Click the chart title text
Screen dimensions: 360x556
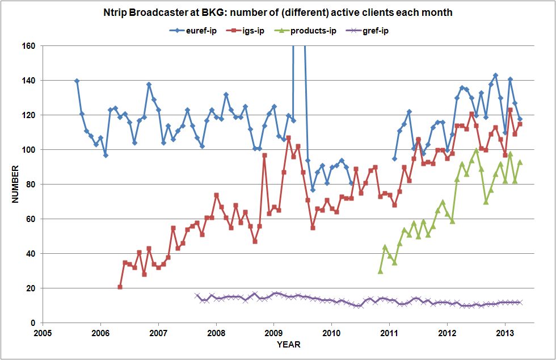tap(278, 12)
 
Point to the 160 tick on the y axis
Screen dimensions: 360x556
tap(29, 46)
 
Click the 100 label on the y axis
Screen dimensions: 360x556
tap(29, 150)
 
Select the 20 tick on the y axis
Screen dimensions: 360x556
tap(31, 288)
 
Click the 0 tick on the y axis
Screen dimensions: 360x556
tap(33, 323)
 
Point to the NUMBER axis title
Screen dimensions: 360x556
tap(16, 185)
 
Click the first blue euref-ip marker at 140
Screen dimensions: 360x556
tap(77, 81)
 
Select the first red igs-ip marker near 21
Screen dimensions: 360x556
tap(120, 287)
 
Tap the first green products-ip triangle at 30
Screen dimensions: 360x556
tap(380, 271)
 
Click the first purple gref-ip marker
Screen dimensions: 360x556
tap(197, 295)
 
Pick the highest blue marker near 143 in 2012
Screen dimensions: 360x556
tap(495, 76)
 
